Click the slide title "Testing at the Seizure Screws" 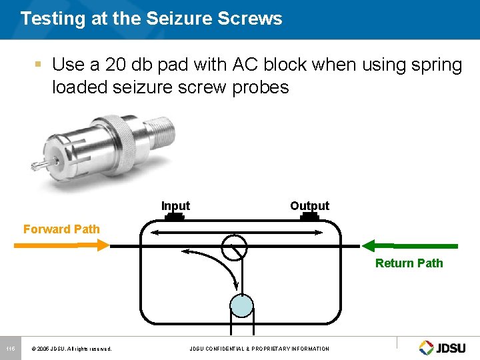tap(151, 19)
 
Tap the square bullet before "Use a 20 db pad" tap(39, 65)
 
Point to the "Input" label tap(175, 206)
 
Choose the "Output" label tap(309, 205)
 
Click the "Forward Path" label tap(61, 229)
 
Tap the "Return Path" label tap(409, 263)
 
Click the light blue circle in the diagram tap(241, 305)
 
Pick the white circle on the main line tap(234, 247)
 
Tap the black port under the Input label tap(175, 216)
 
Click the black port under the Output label tap(309, 216)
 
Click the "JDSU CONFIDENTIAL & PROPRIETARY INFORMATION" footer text tap(259, 349)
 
